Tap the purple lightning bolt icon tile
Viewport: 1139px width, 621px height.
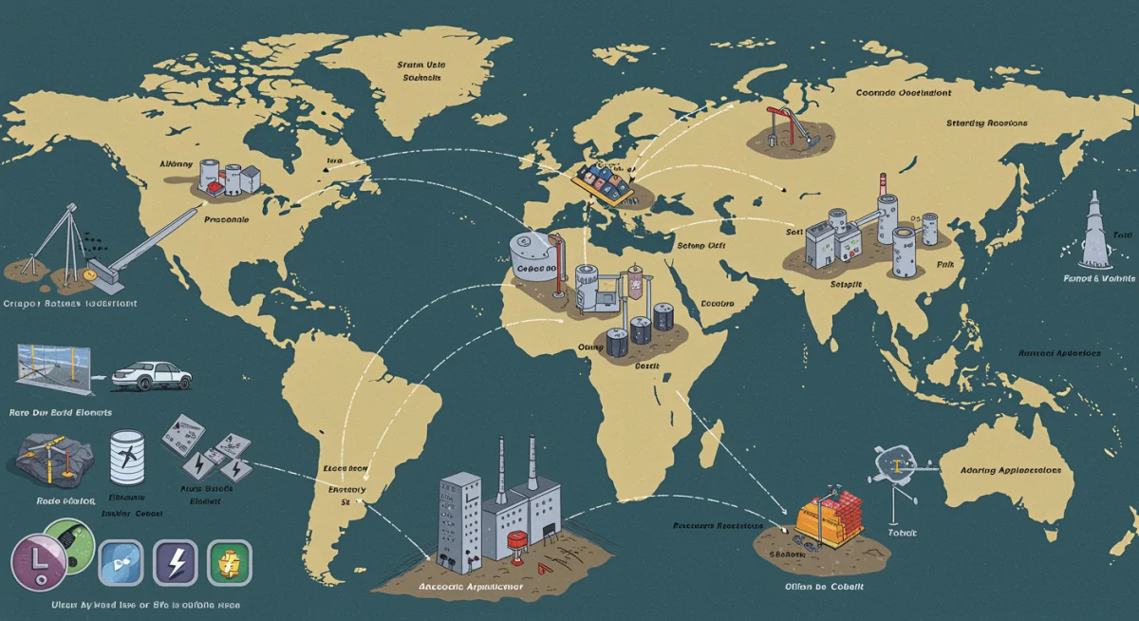(175, 561)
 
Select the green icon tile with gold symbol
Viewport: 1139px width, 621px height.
(229, 561)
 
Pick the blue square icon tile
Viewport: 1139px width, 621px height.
(121, 561)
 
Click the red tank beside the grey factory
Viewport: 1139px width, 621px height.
(518, 544)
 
